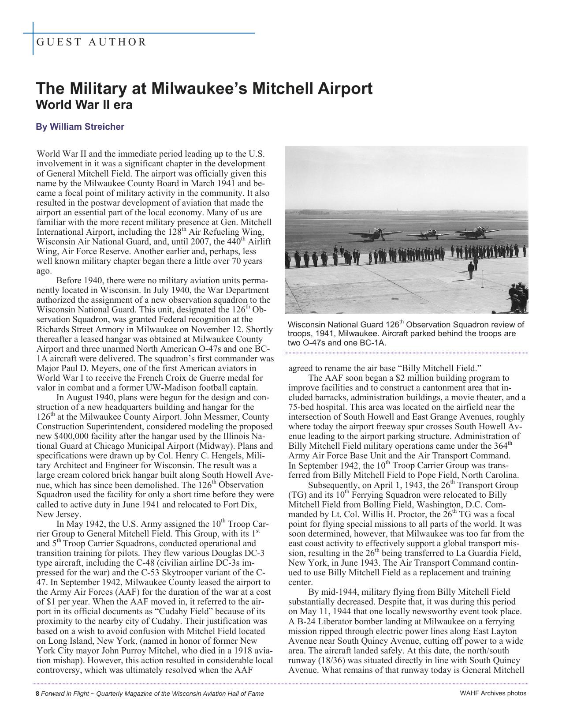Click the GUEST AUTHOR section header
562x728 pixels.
click(91, 42)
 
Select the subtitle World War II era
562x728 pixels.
click(84, 105)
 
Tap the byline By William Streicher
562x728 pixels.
click(80, 127)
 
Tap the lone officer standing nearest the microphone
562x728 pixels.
click(471, 267)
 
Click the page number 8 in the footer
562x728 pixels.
click(37, 693)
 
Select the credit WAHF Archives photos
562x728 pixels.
click(493, 693)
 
